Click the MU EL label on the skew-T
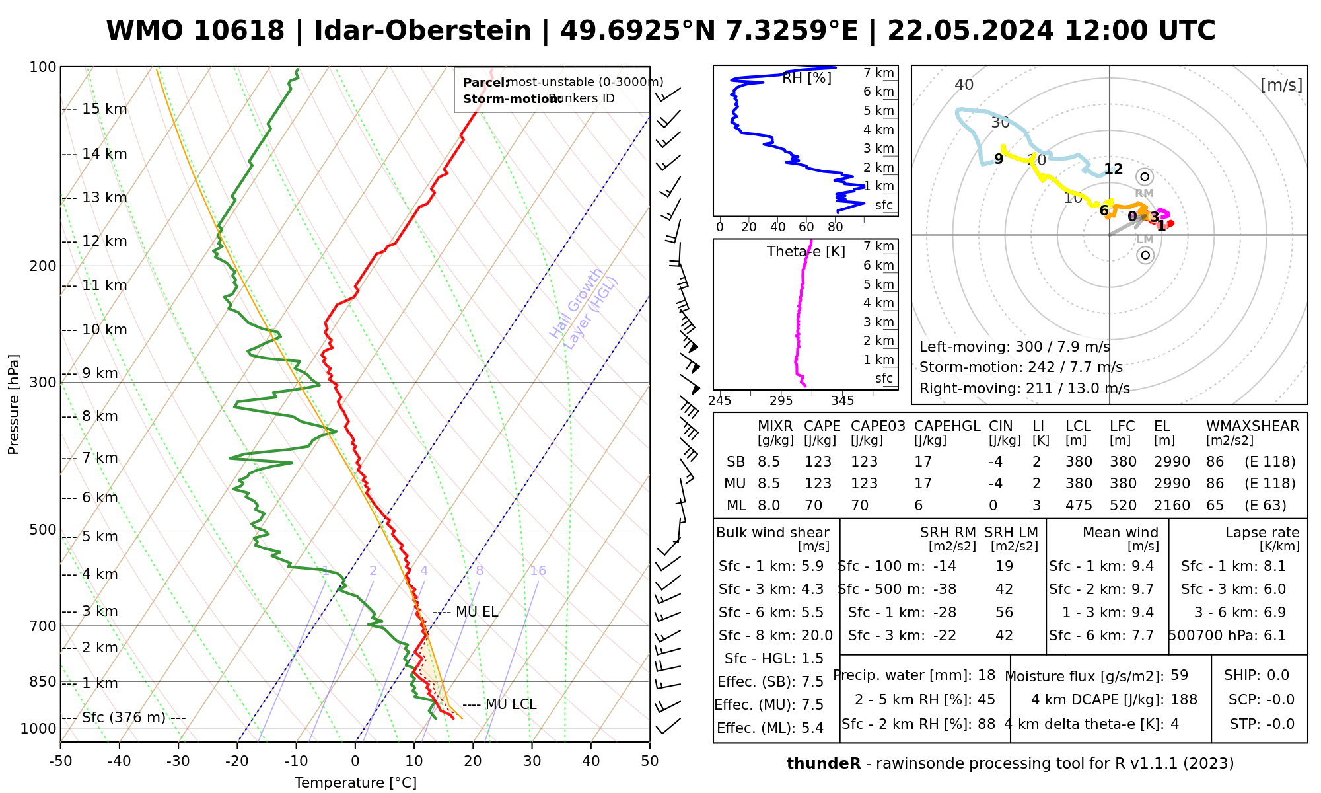(x=476, y=612)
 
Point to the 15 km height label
(x=104, y=109)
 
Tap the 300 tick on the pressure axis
(x=44, y=383)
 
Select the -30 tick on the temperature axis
(x=178, y=761)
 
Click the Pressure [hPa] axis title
(x=14, y=404)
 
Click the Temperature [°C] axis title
(x=355, y=783)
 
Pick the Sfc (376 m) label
(x=124, y=718)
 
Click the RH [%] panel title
(x=806, y=78)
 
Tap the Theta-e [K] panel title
(x=806, y=252)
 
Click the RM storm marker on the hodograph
(x=1145, y=177)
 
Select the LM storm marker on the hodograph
(x=1145, y=255)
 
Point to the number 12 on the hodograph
(x=1114, y=169)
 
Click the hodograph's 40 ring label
(x=964, y=85)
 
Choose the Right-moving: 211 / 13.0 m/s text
(x=1024, y=388)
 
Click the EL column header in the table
(x=1162, y=426)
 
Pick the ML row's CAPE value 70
(x=814, y=506)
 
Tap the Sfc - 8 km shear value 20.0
(x=816, y=636)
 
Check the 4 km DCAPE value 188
(x=1184, y=700)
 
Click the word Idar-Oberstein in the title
(x=423, y=31)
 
